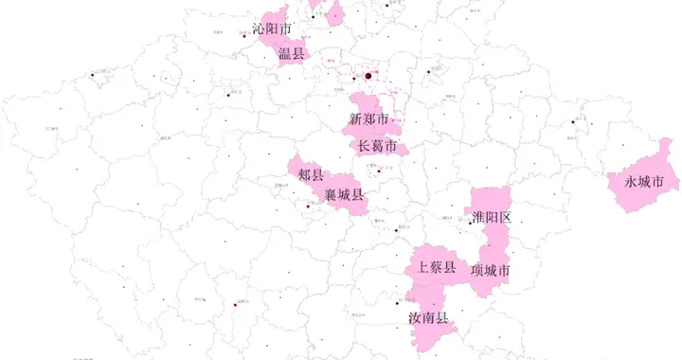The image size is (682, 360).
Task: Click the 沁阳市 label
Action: tap(273, 29)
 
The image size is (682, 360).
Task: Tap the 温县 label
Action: tap(292, 54)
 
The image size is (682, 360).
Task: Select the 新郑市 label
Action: tap(369, 119)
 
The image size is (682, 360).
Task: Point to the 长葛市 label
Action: tap(377, 146)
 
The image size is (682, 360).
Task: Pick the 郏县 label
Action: tap(311, 174)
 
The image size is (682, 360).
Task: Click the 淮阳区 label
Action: tap(492, 218)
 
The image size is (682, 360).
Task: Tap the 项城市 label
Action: tap(491, 271)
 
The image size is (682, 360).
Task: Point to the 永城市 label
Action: tap(643, 181)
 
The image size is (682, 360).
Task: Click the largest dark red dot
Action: tap(368, 76)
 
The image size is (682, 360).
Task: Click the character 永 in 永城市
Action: tap(630, 181)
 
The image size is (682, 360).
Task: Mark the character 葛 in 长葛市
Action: tap(377, 146)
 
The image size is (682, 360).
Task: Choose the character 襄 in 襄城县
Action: tap(331, 195)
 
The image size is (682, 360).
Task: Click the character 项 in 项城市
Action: tap(477, 271)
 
